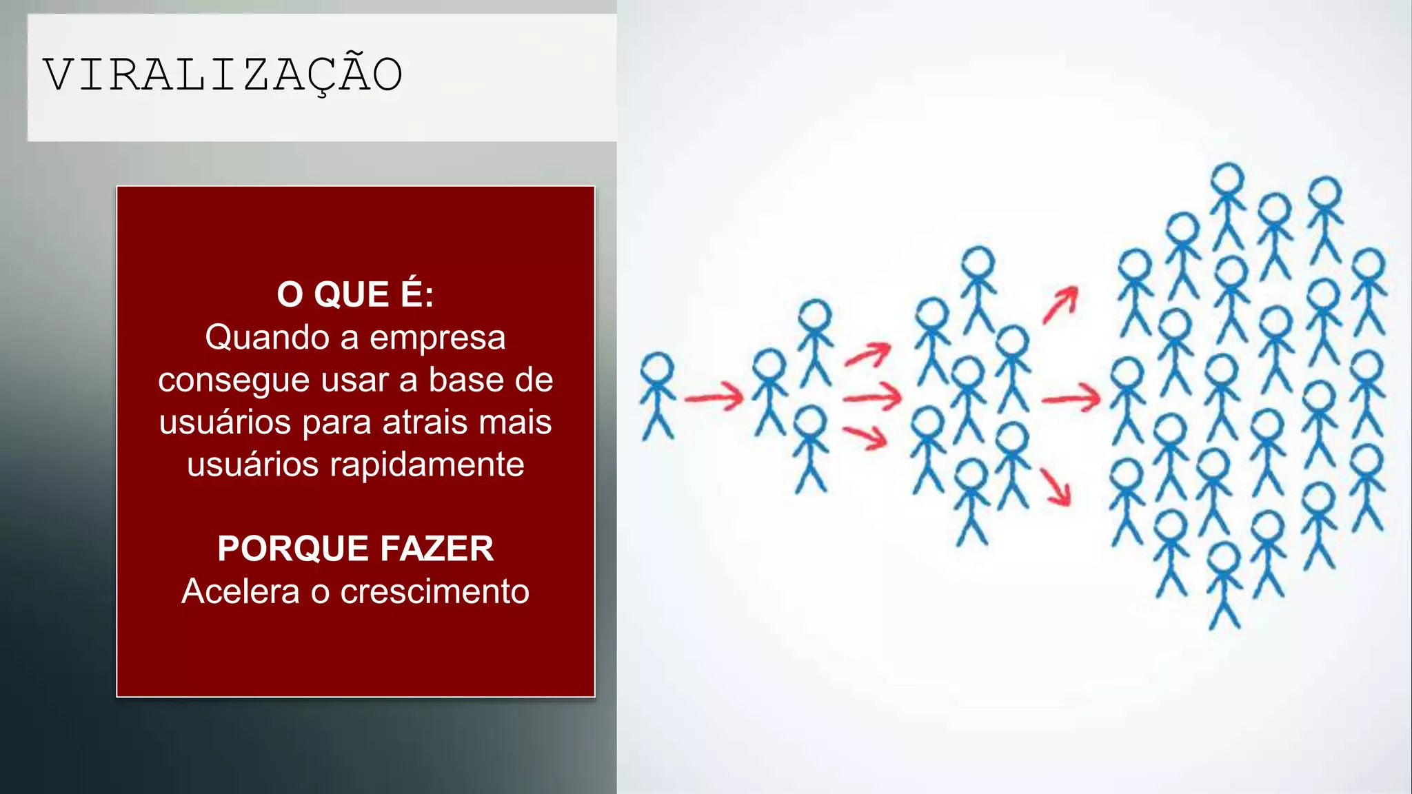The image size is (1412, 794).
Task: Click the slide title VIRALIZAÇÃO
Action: [x=223, y=74]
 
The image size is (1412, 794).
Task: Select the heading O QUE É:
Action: [x=355, y=294]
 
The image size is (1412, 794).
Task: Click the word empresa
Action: [x=437, y=338]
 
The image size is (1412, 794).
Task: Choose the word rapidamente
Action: [x=427, y=465]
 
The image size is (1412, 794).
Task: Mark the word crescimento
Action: [x=434, y=591]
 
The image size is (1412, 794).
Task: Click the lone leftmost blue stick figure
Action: [x=657, y=396]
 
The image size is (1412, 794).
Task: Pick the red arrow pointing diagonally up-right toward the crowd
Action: [x=1060, y=305]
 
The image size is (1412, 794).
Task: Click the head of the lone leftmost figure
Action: [x=657, y=367]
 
